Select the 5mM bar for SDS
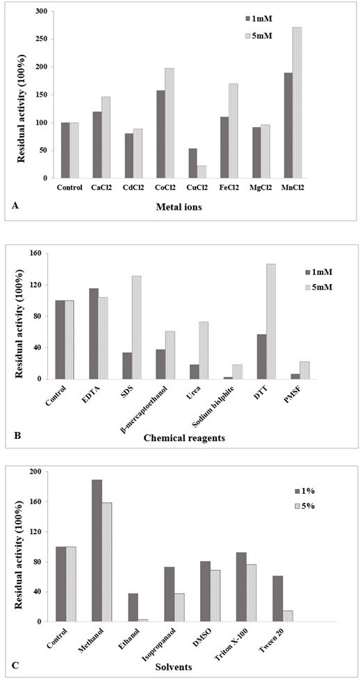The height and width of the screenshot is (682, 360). tap(136, 328)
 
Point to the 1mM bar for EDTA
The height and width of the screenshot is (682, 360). tap(94, 333)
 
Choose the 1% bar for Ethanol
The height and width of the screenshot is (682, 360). tap(133, 608)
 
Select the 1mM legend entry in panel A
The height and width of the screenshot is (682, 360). tap(259, 19)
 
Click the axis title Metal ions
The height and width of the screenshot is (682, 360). tap(181, 208)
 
